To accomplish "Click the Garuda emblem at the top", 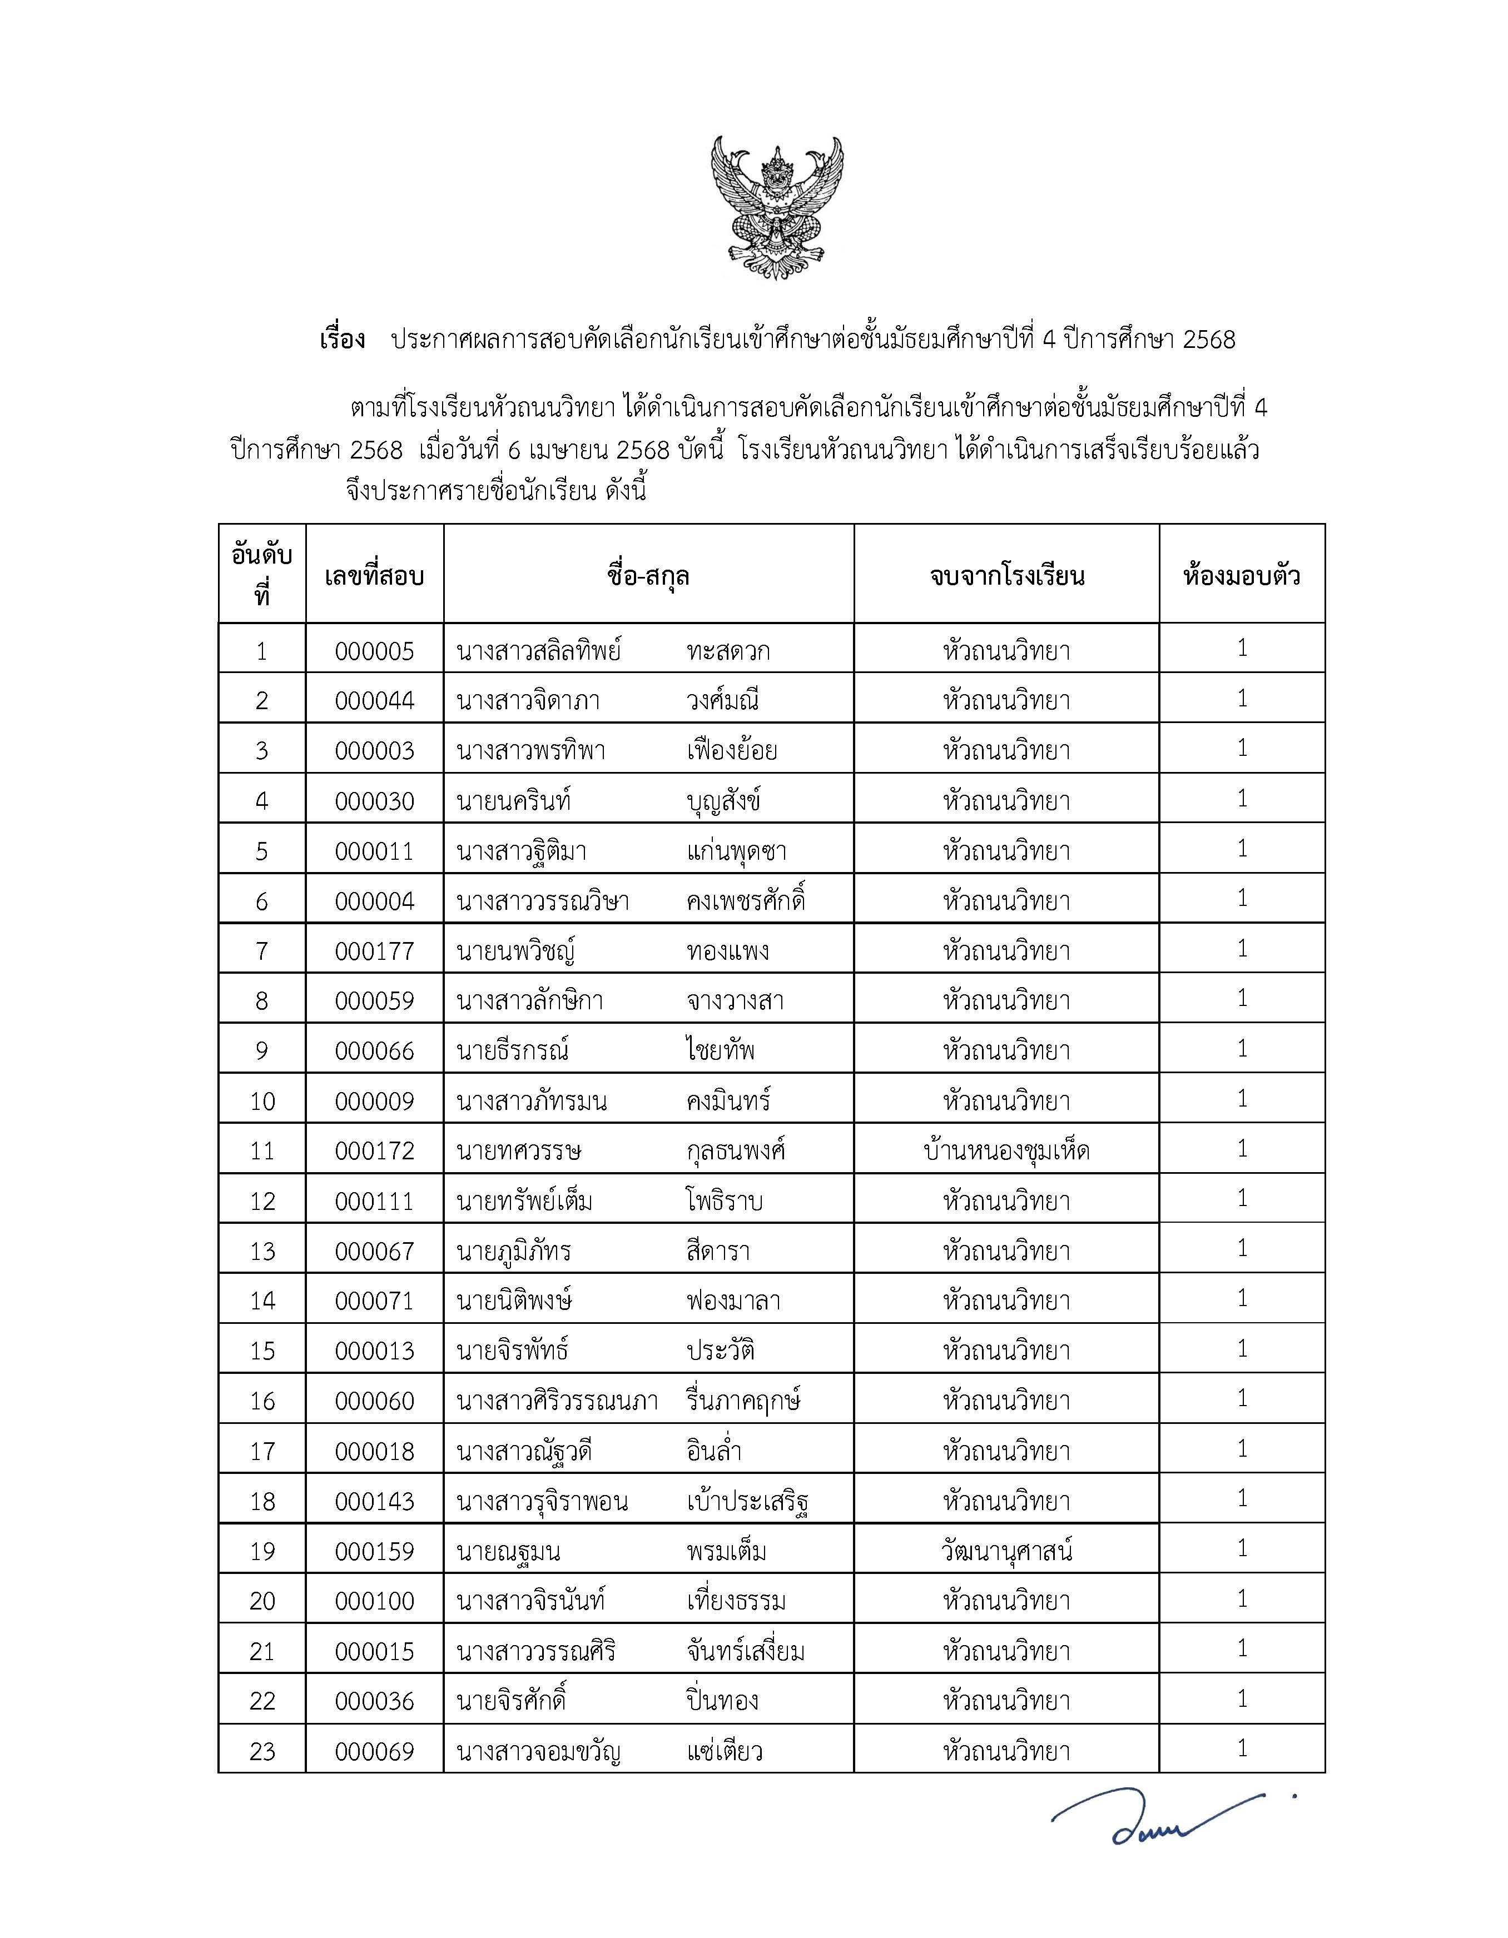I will point(777,208).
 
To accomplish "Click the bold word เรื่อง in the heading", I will point(343,340).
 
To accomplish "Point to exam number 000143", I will point(375,1501).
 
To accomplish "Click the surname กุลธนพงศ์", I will point(736,1152).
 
